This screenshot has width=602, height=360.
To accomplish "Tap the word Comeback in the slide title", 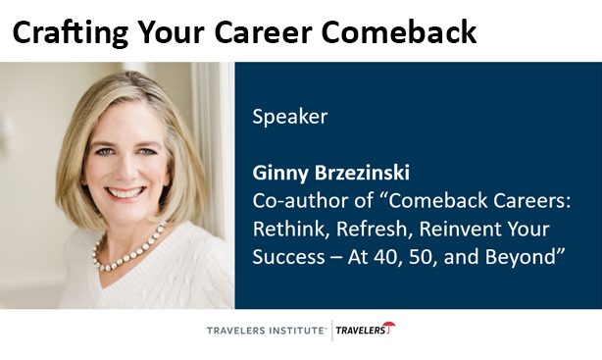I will tap(408, 32).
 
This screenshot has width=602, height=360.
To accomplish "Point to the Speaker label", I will tap(289, 117).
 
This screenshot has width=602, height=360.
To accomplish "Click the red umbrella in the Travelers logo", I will tap(389, 328).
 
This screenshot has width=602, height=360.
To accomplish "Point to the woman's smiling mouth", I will tap(127, 194).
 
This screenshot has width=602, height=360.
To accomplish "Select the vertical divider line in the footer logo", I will tap(330, 332).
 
